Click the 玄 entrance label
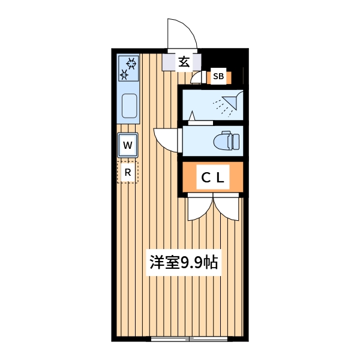click(x=184, y=61)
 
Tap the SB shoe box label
click(x=218, y=77)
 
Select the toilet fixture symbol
click(x=229, y=142)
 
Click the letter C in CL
click(x=206, y=178)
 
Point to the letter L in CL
click(x=221, y=178)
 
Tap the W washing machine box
click(x=128, y=145)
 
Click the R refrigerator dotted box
click(x=127, y=172)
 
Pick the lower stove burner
click(x=124, y=75)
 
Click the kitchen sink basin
click(x=129, y=106)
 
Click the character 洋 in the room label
click(x=157, y=263)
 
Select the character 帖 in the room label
click(x=210, y=263)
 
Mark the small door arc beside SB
click(x=197, y=78)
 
